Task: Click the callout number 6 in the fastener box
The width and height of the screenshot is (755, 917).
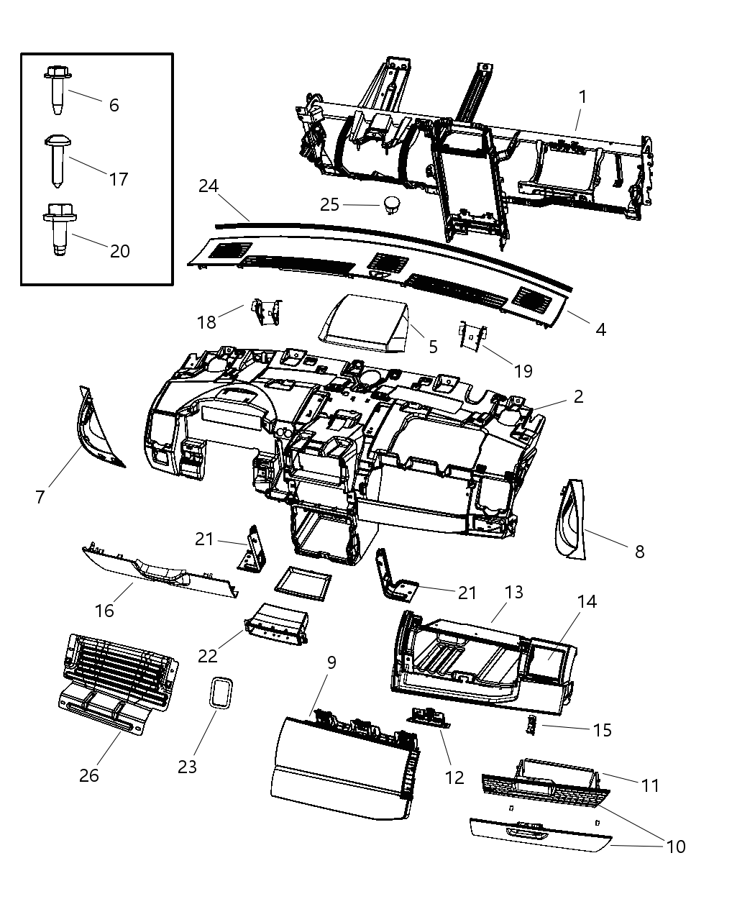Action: (x=114, y=105)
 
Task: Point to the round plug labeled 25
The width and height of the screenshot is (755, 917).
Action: (x=392, y=204)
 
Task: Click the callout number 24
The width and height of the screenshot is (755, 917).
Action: (x=209, y=186)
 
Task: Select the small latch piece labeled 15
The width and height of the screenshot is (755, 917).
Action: (x=533, y=726)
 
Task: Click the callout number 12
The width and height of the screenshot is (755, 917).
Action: (x=454, y=777)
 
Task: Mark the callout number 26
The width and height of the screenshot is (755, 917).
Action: (x=89, y=775)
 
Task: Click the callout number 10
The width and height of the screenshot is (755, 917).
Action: (x=676, y=847)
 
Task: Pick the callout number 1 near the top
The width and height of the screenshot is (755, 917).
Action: (x=582, y=96)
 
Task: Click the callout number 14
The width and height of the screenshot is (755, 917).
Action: (x=587, y=601)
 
